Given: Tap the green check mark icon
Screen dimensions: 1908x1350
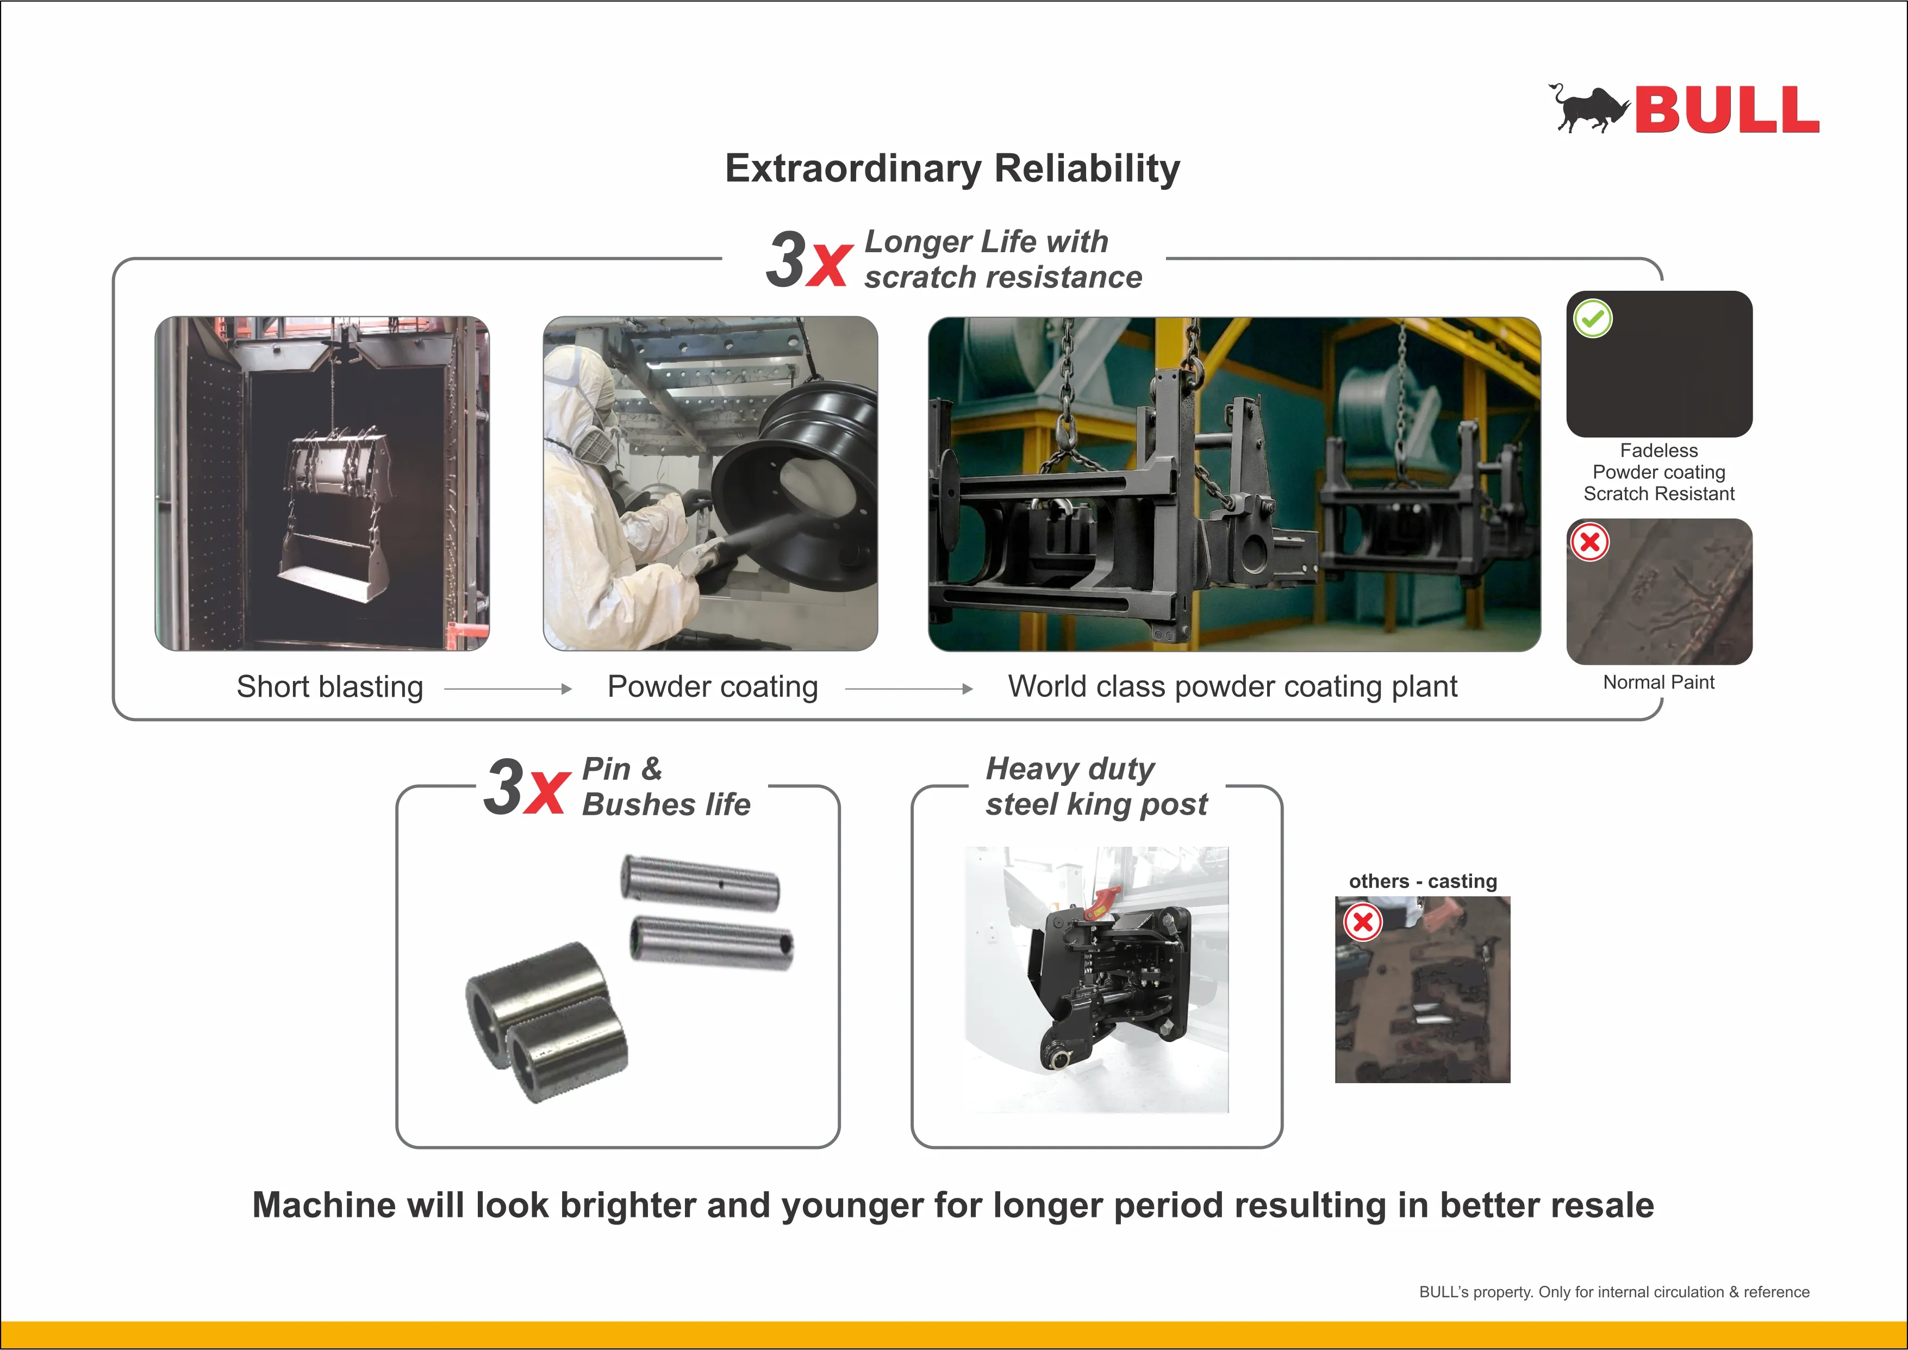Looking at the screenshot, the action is [x=1592, y=318].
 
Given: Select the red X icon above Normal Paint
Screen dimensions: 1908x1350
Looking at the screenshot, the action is [x=1589, y=542].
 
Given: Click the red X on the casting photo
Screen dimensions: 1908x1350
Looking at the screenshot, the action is [x=1363, y=921].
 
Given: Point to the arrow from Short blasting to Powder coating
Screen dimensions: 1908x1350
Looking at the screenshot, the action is [x=508, y=688].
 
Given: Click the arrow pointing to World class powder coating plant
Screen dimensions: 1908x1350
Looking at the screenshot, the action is [x=909, y=688].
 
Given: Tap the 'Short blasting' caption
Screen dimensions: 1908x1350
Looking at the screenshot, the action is [x=330, y=686].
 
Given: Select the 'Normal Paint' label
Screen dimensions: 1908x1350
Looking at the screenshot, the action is [x=1658, y=683].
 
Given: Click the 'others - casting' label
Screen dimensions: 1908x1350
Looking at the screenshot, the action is [x=1423, y=881].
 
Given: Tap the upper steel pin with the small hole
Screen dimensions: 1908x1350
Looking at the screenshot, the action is [x=700, y=883].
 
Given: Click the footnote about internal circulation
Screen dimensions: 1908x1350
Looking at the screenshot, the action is [x=1614, y=1292].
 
